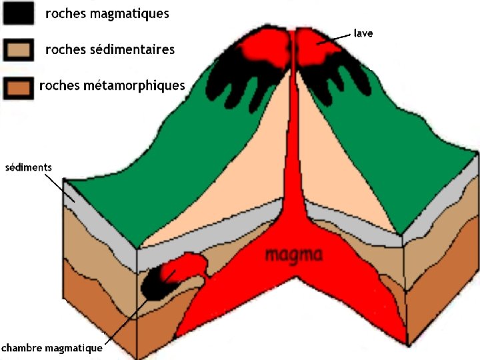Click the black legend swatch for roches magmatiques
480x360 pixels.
pyautogui.click(x=19, y=13)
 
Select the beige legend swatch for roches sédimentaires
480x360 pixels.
pyautogui.click(x=18, y=50)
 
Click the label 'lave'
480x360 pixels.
pyautogui.click(x=363, y=33)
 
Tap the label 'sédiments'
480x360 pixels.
pyautogui.click(x=28, y=167)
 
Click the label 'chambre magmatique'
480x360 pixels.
pyautogui.click(x=52, y=348)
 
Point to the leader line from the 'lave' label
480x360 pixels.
pyautogui.click(x=337, y=40)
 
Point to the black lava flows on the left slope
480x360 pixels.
pyautogui.click(x=233, y=83)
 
